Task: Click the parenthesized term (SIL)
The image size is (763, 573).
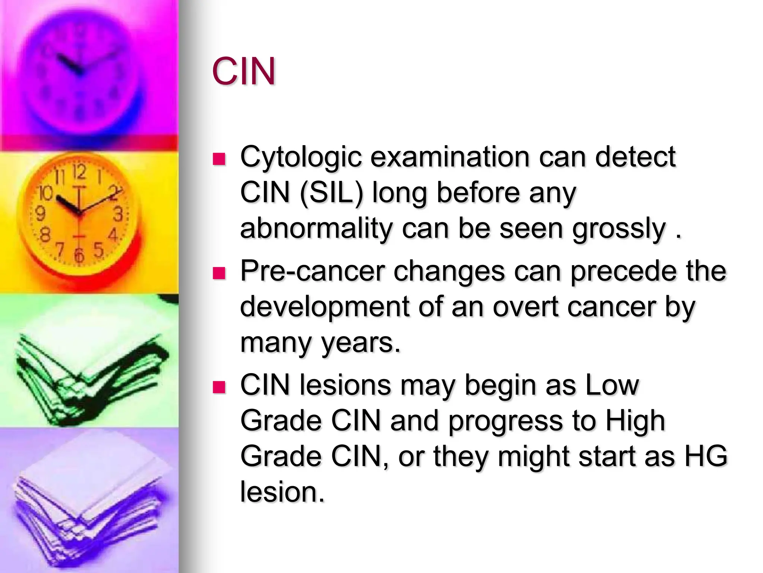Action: click(331, 193)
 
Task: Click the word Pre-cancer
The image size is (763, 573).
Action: click(312, 271)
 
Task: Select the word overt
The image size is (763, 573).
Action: click(525, 307)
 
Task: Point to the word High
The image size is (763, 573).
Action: click(635, 421)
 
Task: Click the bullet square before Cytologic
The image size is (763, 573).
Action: click(219, 159)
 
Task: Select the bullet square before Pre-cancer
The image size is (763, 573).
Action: click(219, 273)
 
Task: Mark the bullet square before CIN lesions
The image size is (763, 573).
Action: click(219, 387)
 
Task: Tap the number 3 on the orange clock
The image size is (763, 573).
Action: click(118, 214)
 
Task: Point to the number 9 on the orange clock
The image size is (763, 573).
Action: click(40, 213)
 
